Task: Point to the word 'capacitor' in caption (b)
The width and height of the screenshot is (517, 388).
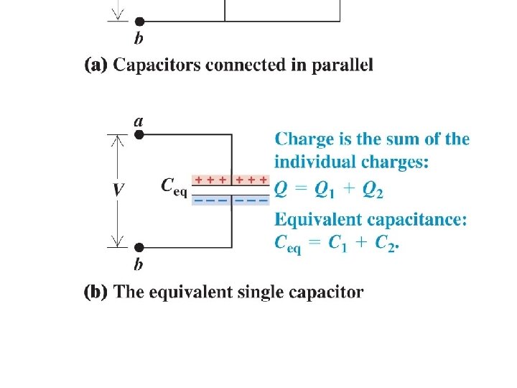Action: coord(329,292)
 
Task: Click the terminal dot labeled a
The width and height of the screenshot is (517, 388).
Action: coord(139,134)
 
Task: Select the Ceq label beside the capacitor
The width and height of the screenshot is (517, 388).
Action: coord(174,187)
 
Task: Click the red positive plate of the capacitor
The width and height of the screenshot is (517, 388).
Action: coord(231,180)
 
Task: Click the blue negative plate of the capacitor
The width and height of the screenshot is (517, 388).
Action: coord(231,200)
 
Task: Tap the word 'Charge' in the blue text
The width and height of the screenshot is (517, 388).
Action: coord(302,139)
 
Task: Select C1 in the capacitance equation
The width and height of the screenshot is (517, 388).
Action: coord(335,243)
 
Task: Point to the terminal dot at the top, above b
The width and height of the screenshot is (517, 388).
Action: coord(139,22)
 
